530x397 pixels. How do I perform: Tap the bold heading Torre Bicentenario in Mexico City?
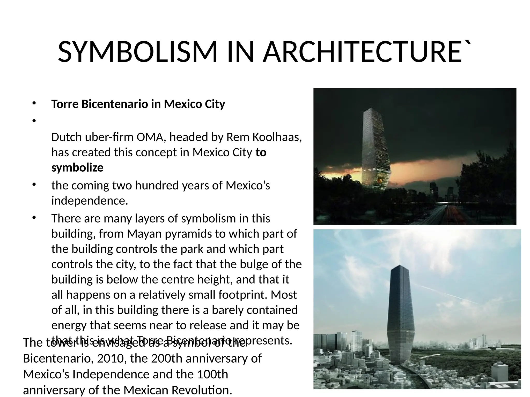(x=138, y=104)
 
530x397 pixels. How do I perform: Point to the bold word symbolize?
(x=77, y=168)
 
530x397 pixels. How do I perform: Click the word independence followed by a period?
(x=90, y=201)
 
